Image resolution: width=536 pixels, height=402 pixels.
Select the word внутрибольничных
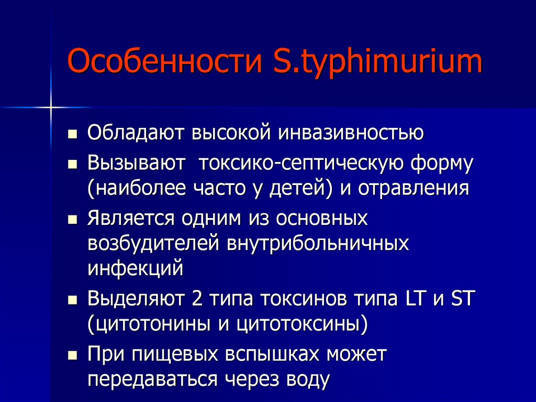pos(318,244)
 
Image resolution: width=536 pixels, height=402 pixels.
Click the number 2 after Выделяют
pos(196,299)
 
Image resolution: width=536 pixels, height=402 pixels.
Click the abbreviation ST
pos(462,299)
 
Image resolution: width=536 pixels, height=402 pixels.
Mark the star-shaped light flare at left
pos(51,107)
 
